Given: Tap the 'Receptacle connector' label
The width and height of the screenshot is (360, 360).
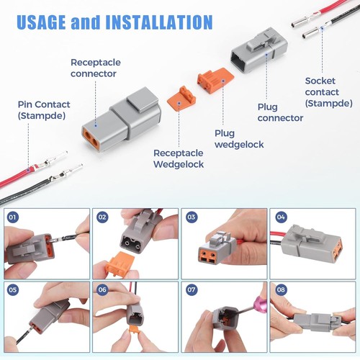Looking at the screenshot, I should [x=93, y=68].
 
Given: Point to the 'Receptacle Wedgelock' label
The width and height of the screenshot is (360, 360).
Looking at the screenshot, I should [x=179, y=158].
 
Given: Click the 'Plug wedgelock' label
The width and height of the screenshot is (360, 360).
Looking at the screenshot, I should [x=239, y=138].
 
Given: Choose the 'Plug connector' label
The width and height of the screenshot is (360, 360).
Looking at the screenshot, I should [x=280, y=112].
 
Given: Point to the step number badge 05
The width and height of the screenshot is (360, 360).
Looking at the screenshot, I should [x=12, y=289].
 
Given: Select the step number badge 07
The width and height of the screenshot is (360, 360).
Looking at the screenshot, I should [x=191, y=289].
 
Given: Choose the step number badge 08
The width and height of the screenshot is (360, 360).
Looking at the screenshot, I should [x=280, y=289].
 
